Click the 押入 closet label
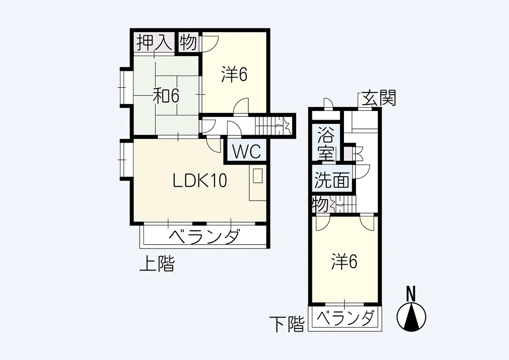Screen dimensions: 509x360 point(154,43)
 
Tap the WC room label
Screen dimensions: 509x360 point(247,151)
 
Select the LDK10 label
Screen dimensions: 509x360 point(199,180)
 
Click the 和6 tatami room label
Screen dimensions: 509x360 point(166,96)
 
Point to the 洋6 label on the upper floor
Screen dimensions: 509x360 point(234,74)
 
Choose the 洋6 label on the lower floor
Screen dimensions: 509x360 point(344,261)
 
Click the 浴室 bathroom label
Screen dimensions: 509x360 point(326,144)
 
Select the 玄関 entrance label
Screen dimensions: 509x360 point(378,98)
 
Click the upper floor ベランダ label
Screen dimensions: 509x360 point(205,236)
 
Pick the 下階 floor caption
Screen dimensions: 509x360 point(288,324)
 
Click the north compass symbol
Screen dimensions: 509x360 point(411,317)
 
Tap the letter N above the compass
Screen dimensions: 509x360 point(411,294)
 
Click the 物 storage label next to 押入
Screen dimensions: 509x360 point(188,43)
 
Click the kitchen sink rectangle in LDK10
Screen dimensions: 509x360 point(258,176)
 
